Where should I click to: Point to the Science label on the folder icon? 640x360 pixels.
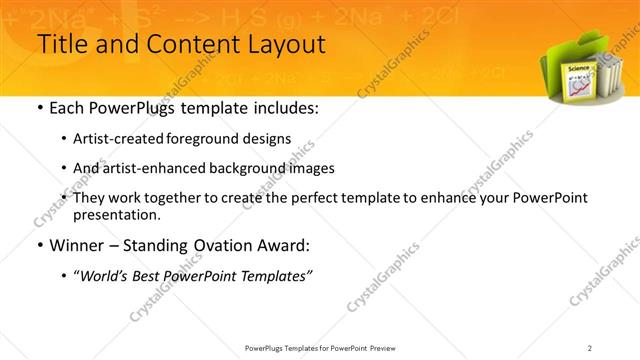578,69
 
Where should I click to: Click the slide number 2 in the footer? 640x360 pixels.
590,347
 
